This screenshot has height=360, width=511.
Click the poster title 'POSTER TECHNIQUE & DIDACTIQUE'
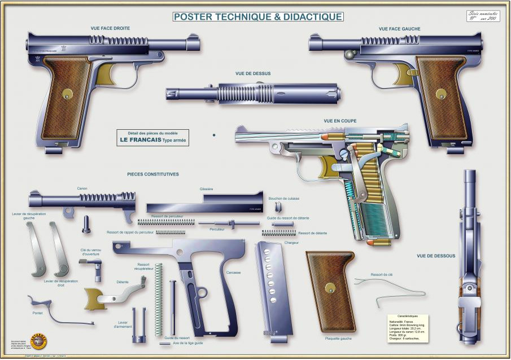point(257,16)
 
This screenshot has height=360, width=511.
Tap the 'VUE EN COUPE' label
point(340,121)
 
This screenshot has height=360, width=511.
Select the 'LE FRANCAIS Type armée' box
point(152,137)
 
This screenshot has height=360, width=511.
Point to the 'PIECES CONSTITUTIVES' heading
point(152,174)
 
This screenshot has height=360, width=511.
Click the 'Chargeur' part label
point(291,243)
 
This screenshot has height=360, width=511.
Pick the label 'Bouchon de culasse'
point(284,199)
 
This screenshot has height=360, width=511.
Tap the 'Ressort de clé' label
point(381,274)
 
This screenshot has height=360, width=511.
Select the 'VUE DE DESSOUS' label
point(435,256)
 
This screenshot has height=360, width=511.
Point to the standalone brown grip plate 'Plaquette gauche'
point(330,291)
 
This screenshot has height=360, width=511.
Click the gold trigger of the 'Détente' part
point(95,297)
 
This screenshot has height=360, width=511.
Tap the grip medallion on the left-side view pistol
point(440,93)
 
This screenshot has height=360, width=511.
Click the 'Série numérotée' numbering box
point(483,16)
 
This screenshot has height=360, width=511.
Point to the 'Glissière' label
point(206,190)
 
